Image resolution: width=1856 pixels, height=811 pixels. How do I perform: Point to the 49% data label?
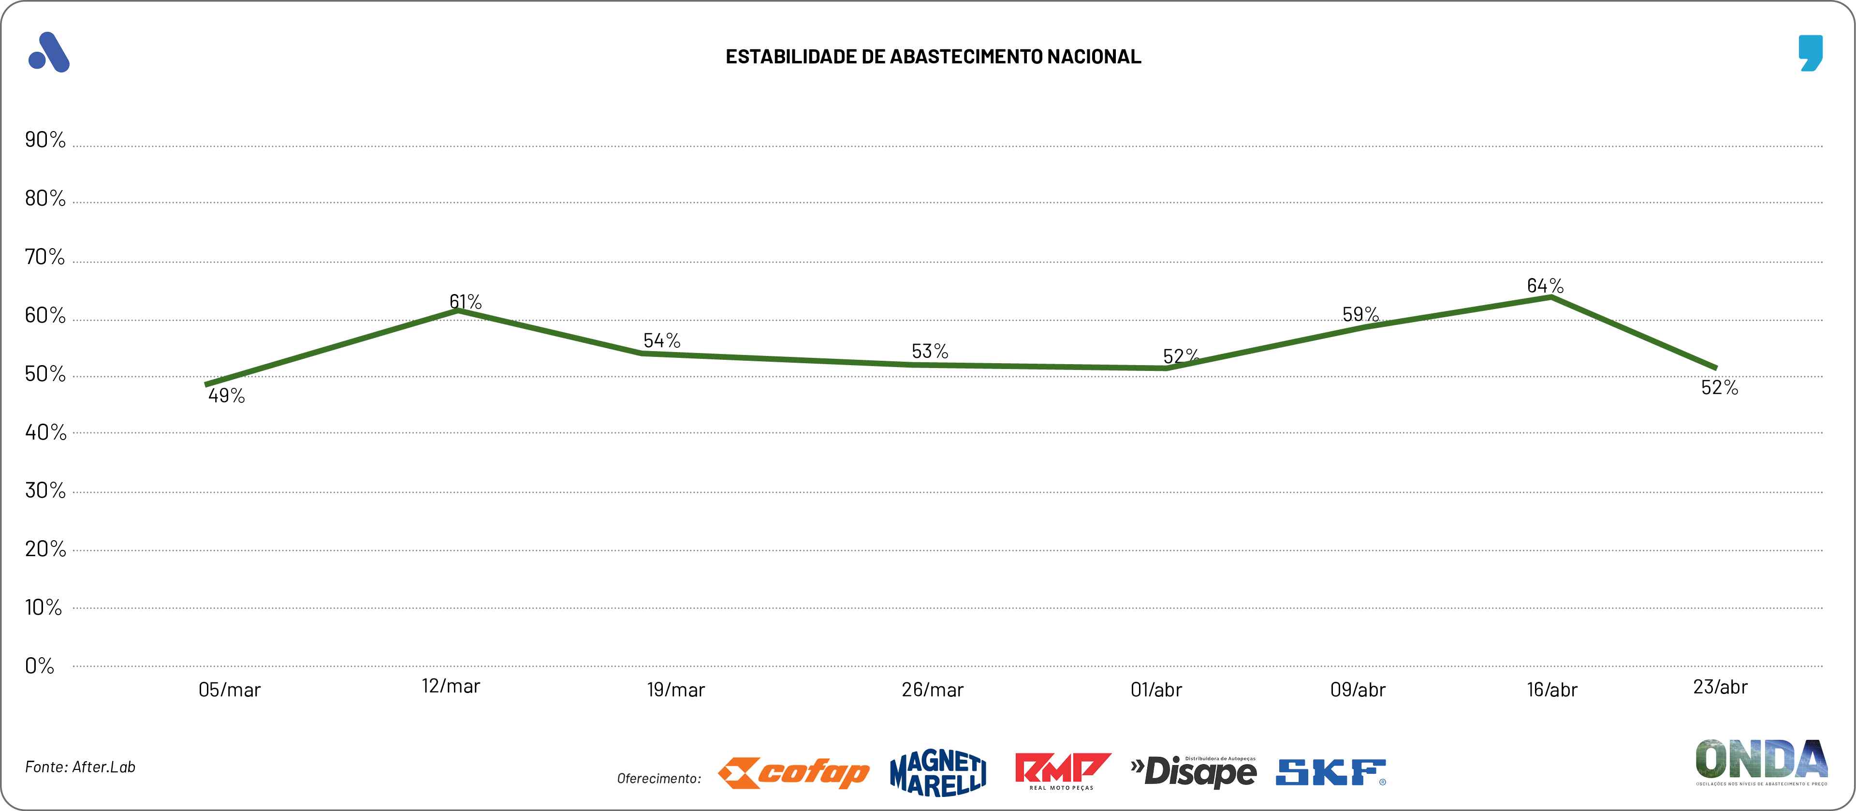226,396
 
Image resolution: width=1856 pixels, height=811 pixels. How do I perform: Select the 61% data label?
466,301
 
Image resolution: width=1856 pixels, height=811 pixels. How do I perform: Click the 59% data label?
1360,314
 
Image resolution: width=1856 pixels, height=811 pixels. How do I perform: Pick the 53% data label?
929,351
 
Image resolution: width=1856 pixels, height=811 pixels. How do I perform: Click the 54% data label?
661,340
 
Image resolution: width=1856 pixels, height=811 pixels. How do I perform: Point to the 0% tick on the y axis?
40,665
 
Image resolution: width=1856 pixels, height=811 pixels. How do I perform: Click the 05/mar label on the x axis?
229,690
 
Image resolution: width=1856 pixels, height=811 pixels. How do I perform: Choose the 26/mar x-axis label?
932,690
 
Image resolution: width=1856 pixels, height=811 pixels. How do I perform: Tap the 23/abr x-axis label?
1720,687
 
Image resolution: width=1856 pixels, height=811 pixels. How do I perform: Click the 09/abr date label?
1358,690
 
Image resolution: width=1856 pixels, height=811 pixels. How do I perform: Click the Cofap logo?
793,773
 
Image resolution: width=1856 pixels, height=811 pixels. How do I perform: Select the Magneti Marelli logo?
938,773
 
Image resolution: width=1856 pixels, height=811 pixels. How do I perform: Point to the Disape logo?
1194,772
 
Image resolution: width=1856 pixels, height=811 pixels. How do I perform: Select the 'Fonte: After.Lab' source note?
80,767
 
